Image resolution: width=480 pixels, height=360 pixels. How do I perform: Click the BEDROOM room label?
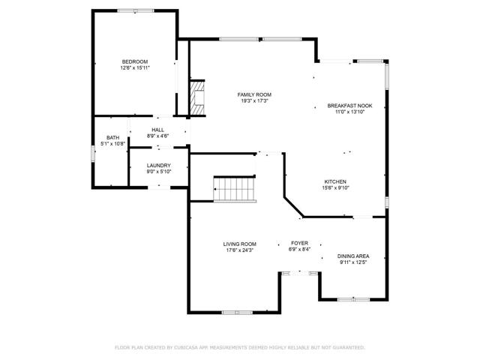[135, 61]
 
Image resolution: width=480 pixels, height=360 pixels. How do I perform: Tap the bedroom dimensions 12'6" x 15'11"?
[135, 67]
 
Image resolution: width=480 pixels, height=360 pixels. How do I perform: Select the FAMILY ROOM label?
[255, 94]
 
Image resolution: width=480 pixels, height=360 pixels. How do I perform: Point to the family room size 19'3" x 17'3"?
[255, 100]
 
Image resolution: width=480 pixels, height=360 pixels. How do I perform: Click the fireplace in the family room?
[197, 97]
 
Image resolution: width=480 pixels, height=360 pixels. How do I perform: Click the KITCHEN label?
[334, 181]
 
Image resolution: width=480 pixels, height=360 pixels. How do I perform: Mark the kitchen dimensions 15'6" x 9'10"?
[334, 187]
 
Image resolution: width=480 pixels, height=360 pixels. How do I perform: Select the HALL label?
[157, 130]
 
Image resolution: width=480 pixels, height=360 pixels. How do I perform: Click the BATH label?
[112, 138]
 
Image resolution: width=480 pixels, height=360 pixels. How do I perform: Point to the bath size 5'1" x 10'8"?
[112, 144]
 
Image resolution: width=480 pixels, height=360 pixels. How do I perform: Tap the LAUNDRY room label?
[158, 165]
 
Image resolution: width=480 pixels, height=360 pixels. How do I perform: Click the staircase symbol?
[235, 188]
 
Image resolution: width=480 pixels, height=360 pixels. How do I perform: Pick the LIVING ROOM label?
[240, 244]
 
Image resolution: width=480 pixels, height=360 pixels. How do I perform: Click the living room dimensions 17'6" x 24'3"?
[240, 250]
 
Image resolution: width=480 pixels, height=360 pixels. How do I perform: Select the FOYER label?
[299, 244]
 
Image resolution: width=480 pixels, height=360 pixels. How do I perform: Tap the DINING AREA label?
[352, 256]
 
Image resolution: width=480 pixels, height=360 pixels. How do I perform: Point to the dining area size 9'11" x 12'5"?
[352, 262]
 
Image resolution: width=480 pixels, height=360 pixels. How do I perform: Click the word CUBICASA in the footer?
[190, 347]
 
